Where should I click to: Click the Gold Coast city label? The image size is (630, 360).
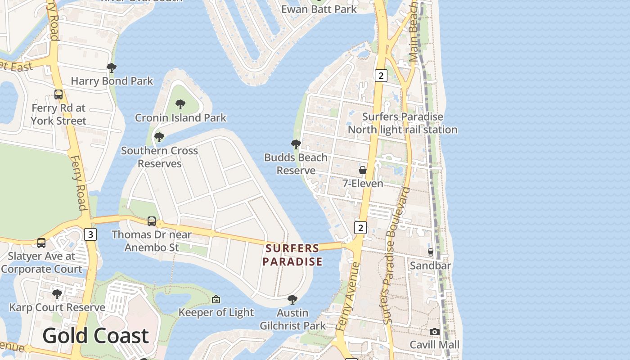(x=95, y=336)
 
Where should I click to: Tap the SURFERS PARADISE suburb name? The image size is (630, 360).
(x=292, y=255)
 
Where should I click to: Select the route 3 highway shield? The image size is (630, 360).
(x=90, y=234)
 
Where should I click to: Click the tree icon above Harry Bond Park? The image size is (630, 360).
(x=111, y=68)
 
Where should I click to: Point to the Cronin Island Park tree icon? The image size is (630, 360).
(x=180, y=104)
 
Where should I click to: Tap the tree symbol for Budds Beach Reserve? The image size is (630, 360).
(x=296, y=144)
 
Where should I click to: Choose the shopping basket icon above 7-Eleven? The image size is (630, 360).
(x=363, y=170)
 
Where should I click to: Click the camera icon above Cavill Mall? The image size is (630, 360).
(x=434, y=332)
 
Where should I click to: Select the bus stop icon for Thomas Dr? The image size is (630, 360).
(x=152, y=221)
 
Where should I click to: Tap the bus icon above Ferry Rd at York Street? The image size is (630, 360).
(x=58, y=94)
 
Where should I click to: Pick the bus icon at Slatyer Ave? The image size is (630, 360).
(x=41, y=243)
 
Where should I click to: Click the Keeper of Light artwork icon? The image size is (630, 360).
(x=216, y=299)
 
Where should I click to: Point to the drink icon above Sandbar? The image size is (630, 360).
(x=430, y=252)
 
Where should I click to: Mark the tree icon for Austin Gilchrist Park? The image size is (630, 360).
(x=292, y=299)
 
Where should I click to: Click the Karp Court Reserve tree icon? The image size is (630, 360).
(x=57, y=294)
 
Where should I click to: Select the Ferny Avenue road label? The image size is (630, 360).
(x=348, y=297)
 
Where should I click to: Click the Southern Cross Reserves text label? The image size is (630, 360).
(x=159, y=157)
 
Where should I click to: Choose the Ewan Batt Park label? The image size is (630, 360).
(x=319, y=9)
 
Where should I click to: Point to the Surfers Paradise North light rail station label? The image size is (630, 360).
(x=402, y=123)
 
